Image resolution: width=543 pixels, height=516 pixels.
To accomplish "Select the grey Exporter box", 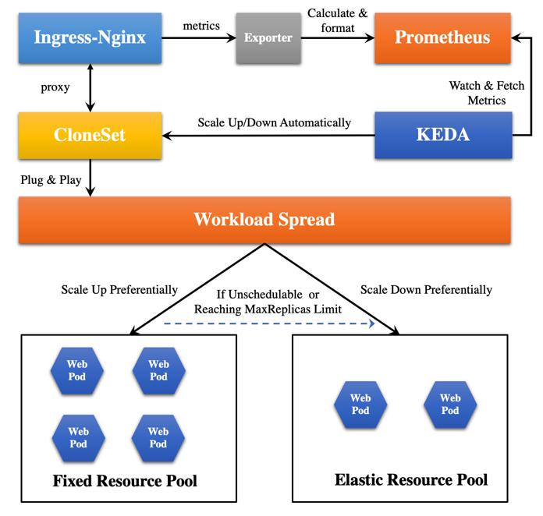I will pos(268,38).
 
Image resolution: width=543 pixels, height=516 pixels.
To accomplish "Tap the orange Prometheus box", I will pos(443,38).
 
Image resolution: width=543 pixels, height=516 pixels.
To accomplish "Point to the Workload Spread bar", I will pos(264,219).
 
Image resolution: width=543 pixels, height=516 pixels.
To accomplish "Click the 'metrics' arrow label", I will pos(201,26).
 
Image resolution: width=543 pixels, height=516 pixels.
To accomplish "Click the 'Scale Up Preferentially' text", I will pos(119,290).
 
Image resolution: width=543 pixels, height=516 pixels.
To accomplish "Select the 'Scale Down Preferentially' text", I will pos(427,290).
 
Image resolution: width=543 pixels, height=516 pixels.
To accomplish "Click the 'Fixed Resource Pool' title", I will pos(125,480).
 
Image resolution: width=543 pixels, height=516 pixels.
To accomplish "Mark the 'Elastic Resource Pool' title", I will pos(411,479).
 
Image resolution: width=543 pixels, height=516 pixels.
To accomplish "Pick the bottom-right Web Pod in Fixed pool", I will pos(158,438).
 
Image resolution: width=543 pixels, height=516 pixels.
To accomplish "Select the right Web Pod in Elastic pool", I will pos(450,404).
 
